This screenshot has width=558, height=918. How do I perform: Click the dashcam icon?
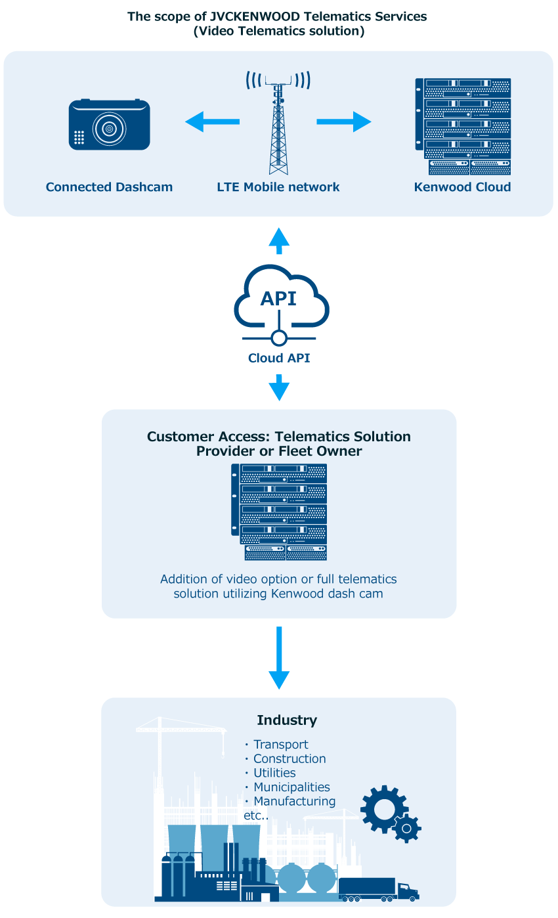point(109,124)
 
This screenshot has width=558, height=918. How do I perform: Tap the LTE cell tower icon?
point(278,123)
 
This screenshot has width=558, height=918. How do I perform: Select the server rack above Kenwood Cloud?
point(463,126)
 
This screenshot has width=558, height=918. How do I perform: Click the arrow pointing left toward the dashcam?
point(212,121)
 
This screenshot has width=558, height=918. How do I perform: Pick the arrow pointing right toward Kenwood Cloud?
point(344,121)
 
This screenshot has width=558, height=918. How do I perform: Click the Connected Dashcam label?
point(109,187)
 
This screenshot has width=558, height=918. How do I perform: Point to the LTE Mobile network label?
point(278,187)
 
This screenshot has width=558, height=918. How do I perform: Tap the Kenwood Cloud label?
point(463,187)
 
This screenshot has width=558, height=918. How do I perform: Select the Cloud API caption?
point(279,358)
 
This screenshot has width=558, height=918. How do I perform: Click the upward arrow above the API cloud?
point(279,241)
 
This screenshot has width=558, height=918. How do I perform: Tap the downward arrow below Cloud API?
point(279,387)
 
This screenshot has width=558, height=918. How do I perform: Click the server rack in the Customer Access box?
point(279,512)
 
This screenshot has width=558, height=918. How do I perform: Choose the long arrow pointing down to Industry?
point(279,658)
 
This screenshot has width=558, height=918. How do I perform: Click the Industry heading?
point(287,720)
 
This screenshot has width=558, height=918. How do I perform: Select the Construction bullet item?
point(290,758)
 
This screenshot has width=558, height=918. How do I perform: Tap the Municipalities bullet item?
point(291,787)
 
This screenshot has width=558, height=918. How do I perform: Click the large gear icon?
point(384,810)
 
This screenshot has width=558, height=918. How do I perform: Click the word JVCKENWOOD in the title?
point(255,16)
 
